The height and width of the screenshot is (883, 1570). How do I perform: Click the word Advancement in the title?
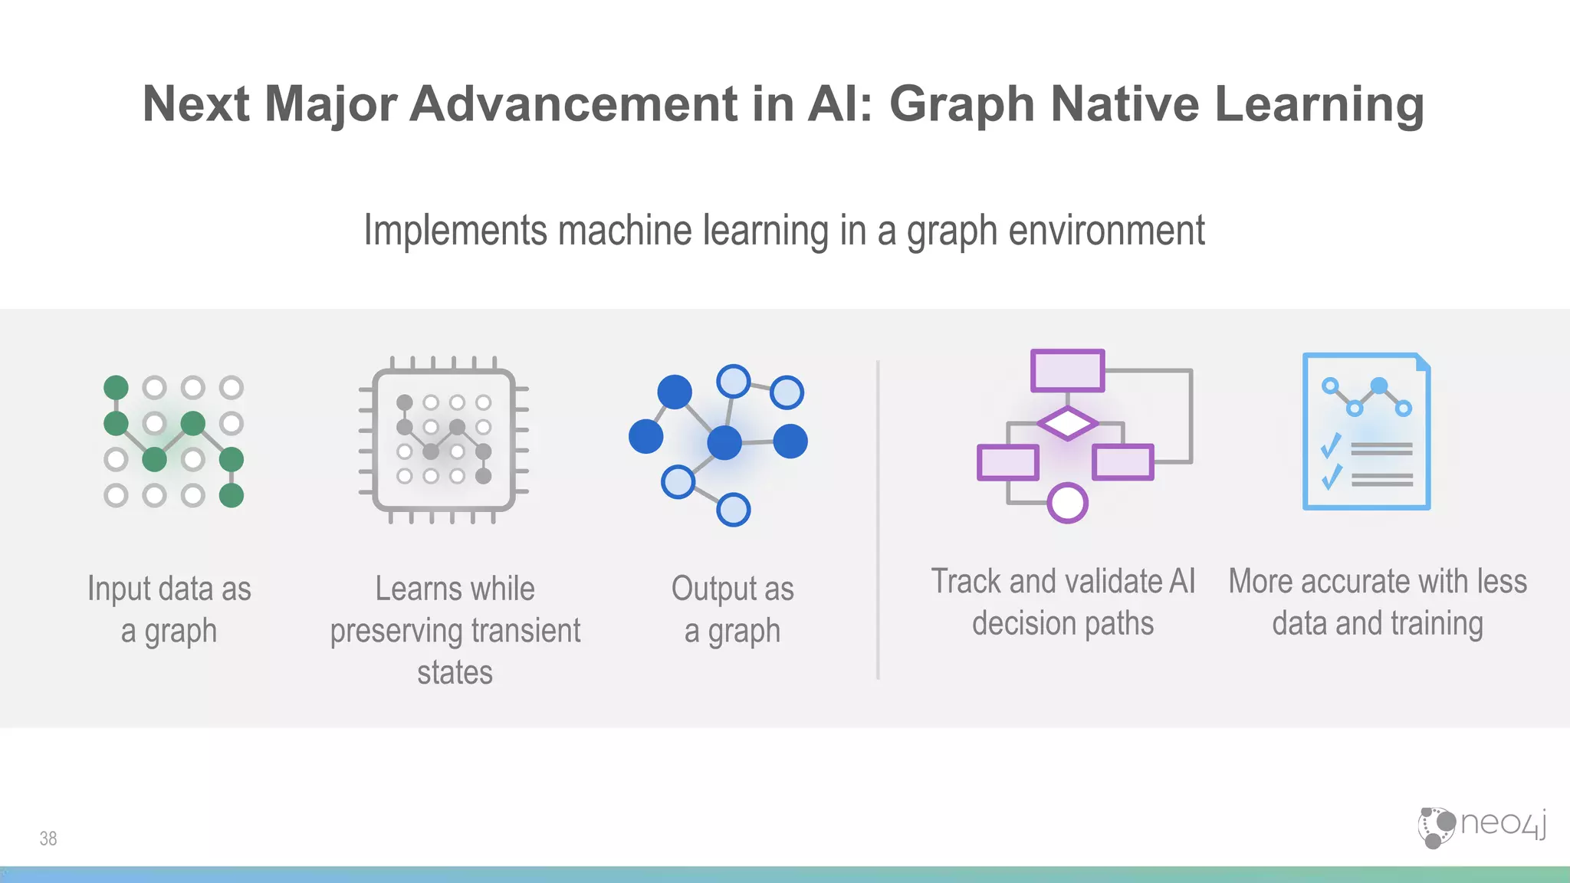[x=574, y=104]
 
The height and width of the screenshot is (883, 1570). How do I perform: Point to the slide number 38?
[x=48, y=839]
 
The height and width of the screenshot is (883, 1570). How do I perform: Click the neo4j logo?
[x=1481, y=826]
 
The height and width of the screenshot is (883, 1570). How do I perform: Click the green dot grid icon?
[x=174, y=441]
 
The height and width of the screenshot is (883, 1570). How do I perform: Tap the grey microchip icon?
[x=444, y=440]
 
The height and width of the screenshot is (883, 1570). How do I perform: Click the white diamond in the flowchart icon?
[x=1067, y=423]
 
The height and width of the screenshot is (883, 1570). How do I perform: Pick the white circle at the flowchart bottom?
[x=1067, y=503]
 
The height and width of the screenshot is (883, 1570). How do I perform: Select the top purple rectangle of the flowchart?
[x=1067, y=370]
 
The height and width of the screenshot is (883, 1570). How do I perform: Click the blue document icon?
[x=1367, y=432]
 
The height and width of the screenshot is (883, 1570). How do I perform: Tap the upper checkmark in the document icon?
[x=1331, y=445]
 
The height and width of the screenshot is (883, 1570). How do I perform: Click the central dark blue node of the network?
[x=724, y=442]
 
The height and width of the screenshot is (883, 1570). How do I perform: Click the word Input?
[x=117, y=589]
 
